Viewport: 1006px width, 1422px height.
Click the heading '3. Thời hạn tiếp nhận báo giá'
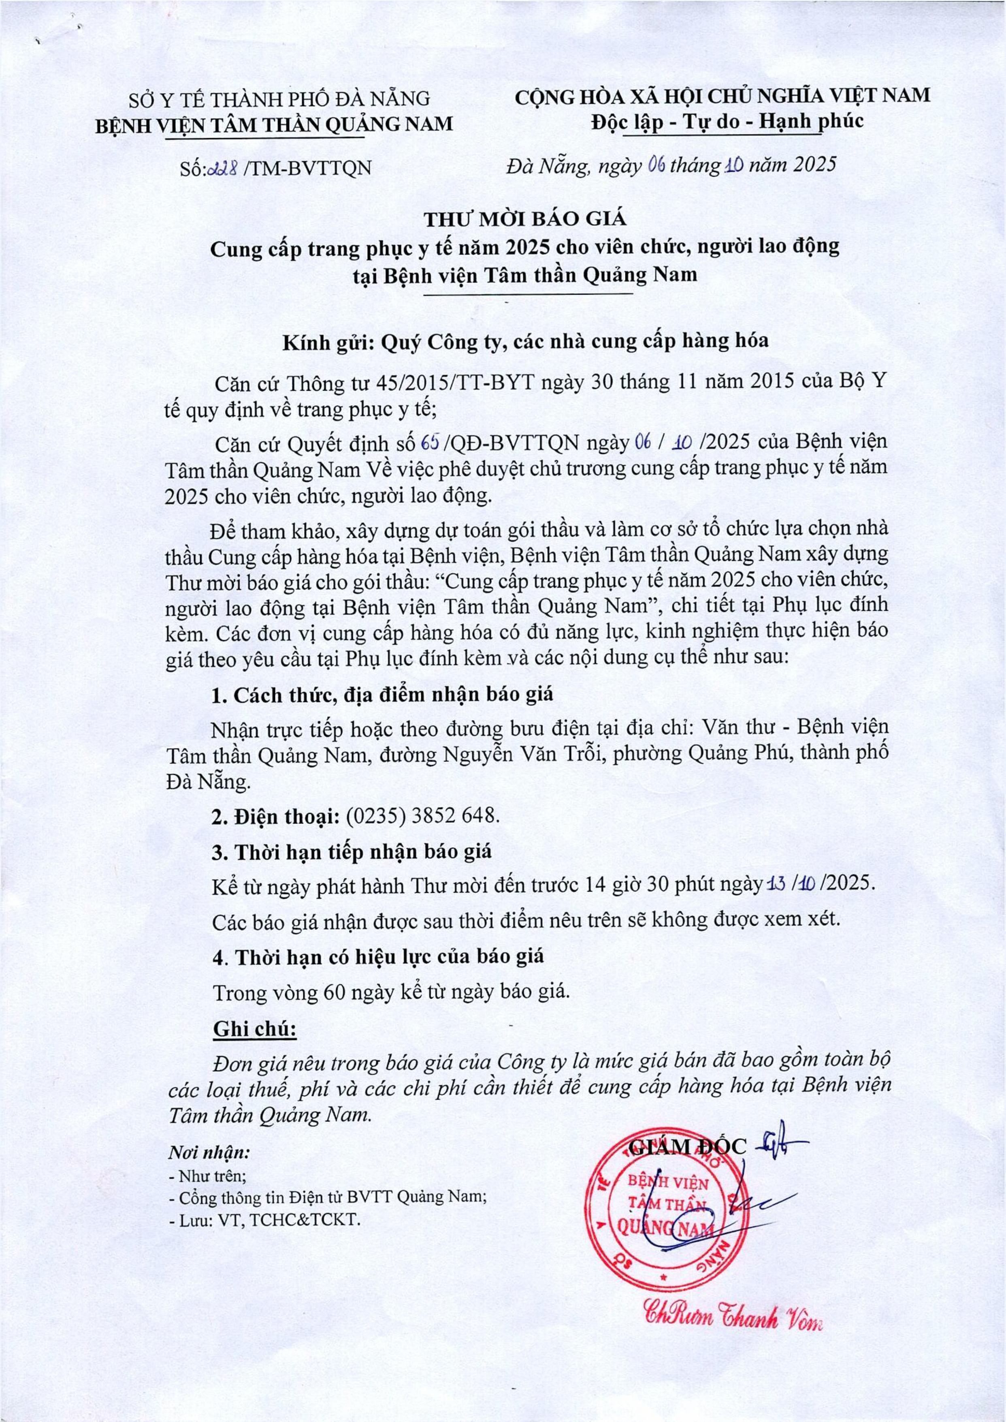pyautogui.click(x=352, y=851)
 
